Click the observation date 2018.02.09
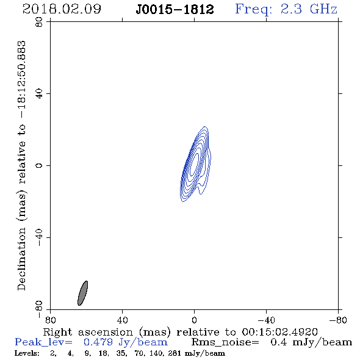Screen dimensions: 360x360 62,9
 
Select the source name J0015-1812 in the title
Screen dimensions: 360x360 175,9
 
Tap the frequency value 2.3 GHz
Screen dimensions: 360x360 309,9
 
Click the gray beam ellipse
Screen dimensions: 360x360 82,293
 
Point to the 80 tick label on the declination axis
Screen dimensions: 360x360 39,22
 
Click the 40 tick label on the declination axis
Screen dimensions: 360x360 39,94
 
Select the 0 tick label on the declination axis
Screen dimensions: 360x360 39,165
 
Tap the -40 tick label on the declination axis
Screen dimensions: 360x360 39,237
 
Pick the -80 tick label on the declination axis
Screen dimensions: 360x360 39,309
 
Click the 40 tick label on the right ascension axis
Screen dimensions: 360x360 122,320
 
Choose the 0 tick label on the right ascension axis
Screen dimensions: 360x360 194,320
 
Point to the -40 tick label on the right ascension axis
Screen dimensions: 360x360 266,320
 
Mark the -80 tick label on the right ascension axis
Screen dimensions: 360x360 338,320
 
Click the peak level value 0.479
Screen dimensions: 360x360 98,342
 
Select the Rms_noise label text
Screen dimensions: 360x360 225,342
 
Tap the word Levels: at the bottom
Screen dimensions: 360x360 27,353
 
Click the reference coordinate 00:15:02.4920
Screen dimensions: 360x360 279,332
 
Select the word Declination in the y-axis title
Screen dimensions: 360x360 21,259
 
